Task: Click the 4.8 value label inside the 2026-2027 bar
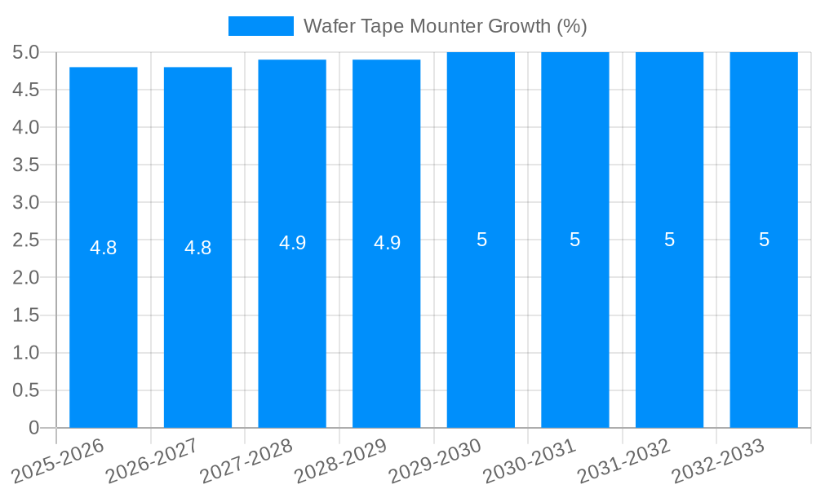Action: coord(198,248)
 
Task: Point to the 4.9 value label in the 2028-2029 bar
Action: coord(387,243)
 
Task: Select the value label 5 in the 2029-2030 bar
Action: coord(481,240)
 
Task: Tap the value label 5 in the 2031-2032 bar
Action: coord(669,240)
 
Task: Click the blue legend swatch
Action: coord(260,26)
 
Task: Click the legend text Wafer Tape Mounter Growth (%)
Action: coord(445,26)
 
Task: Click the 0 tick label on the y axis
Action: coord(33,428)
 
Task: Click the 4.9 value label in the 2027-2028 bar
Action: coord(292,243)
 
